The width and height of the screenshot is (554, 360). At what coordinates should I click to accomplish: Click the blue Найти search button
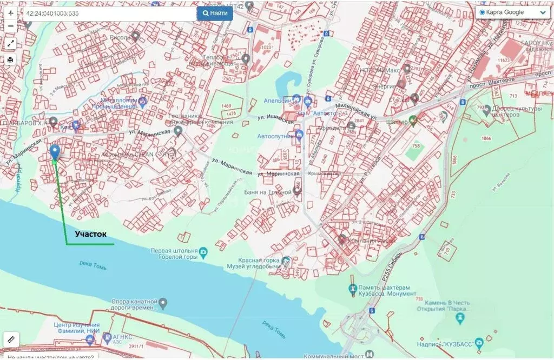215,13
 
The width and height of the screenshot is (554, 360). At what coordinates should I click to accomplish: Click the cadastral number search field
108,14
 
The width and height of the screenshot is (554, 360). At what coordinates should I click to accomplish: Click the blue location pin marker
55,152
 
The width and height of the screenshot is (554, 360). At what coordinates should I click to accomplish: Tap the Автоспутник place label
275,136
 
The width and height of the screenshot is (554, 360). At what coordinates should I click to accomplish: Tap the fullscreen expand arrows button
11,43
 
